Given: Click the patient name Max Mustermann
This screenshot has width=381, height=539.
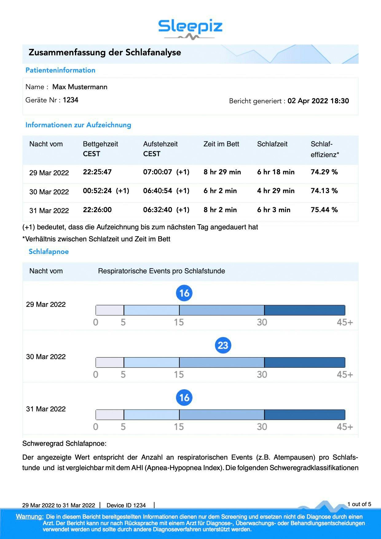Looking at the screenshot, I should coord(80,87).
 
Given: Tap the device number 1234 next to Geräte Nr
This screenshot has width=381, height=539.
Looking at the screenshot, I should coord(70,100).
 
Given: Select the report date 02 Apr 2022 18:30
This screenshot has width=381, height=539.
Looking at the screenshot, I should coord(318,101).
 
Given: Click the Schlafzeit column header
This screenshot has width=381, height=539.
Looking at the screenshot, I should coord(272,144).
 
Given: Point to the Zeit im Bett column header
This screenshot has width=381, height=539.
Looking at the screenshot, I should coord(221,144).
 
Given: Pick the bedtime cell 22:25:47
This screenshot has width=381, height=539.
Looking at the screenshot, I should coord(97,172).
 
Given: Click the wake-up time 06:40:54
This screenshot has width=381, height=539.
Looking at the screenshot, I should coord(157,191).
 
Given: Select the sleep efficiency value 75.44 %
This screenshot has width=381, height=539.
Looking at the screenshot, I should coord(324,210).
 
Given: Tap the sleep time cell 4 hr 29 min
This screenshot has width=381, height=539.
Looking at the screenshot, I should coord(276,191).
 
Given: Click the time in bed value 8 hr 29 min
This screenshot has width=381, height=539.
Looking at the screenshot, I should coord(222,172).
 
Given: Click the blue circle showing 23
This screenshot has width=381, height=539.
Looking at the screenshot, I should coord(223,345).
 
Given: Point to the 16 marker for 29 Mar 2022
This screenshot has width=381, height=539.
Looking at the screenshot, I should coord(184,293).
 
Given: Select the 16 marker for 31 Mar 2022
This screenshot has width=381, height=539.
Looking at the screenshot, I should coord(184,398).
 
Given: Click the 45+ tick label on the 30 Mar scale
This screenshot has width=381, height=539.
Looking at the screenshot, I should coord(345,375).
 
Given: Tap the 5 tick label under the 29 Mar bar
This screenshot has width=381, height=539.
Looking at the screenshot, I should coord(123,322).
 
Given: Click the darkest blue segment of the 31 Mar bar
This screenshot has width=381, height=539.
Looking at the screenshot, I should coord(304,415).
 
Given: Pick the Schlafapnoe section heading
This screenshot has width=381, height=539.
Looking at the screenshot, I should coord(49,252).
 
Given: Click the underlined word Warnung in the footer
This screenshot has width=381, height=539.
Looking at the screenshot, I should coord(29,517).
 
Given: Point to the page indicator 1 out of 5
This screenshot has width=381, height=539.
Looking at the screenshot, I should coord(359,504).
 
